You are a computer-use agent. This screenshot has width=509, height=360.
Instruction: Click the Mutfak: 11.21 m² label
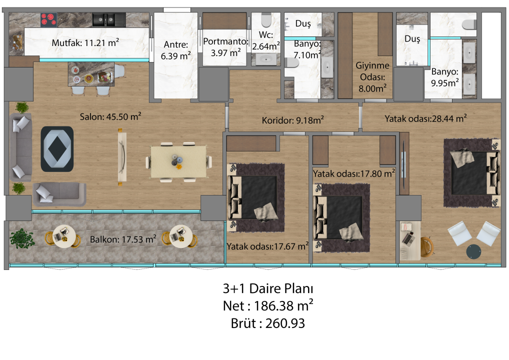click(85, 43)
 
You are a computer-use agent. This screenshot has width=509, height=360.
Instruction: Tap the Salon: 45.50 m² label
click(110, 117)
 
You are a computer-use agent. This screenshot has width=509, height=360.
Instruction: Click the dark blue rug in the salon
click(56, 147)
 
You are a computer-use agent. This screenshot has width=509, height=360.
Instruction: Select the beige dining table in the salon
click(178, 161)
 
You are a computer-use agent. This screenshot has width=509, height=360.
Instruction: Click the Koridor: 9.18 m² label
click(293, 120)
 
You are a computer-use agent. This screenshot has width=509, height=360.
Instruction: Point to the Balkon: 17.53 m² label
click(123, 239)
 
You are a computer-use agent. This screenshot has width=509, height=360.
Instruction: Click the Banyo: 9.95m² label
click(445, 77)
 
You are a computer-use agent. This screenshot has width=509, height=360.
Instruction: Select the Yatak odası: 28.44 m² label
click(426, 118)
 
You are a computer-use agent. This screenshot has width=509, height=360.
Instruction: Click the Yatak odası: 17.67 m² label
click(267, 246)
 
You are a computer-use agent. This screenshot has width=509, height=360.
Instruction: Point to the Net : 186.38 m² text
click(268, 305)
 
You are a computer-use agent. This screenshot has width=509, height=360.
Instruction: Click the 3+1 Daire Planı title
click(268, 288)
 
